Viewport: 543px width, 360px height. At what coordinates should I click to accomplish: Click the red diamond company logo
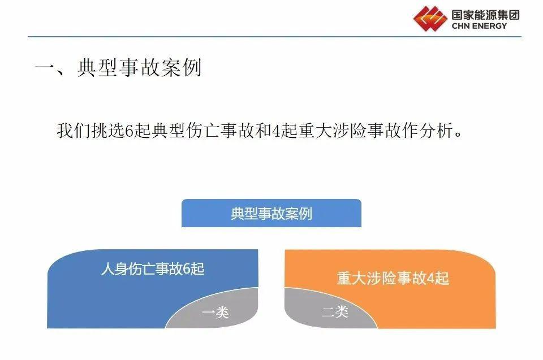[x=430, y=18]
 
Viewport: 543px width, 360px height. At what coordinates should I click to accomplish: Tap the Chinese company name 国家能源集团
[x=485, y=15]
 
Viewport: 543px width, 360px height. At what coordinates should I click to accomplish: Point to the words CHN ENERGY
[x=479, y=26]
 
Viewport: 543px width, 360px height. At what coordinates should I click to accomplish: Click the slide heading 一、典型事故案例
[x=118, y=67]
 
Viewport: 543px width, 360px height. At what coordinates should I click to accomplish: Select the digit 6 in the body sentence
[x=129, y=131]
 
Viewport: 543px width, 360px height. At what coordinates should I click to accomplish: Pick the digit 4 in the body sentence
[x=276, y=131]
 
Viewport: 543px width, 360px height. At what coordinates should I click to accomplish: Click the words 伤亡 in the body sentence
[x=202, y=131]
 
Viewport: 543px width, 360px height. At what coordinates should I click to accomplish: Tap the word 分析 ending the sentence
[x=436, y=131]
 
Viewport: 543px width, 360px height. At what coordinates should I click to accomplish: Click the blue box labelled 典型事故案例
[x=271, y=213]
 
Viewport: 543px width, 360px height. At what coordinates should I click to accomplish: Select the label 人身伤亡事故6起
[x=153, y=269]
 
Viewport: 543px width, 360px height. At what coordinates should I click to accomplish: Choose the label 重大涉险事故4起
[x=393, y=278]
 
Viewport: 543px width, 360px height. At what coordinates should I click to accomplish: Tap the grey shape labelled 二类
[x=329, y=309]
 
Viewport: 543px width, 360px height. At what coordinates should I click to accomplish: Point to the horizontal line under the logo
[x=275, y=36]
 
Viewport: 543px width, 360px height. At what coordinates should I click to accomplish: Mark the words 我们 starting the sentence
[x=74, y=131]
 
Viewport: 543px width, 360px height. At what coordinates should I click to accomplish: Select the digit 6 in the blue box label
[x=187, y=269]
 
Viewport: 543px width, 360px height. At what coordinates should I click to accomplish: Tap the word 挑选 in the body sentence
[x=107, y=131]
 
